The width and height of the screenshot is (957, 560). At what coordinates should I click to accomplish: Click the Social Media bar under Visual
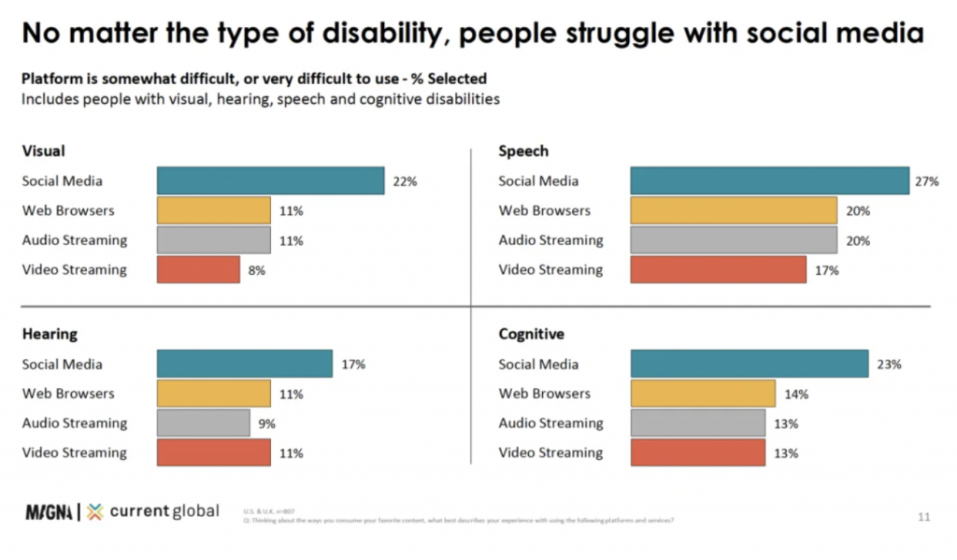point(270,180)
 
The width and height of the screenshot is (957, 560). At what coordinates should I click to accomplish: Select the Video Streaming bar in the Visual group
point(198,269)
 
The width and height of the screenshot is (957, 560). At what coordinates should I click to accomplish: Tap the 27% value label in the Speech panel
point(927,181)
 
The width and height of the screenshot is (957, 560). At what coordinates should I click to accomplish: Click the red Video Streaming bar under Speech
point(718,269)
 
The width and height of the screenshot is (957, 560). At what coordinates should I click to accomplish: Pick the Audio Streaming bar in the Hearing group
point(203,423)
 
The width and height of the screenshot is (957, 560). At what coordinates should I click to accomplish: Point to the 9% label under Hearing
point(266,424)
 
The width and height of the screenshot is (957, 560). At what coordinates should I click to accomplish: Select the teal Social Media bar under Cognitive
point(750,365)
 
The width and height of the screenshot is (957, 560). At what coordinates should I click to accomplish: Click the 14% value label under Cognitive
point(796,395)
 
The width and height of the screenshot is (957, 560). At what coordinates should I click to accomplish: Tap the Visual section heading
point(43,151)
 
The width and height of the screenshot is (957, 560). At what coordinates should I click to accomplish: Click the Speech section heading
point(523,151)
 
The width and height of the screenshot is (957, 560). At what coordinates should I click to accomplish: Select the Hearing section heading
point(50,334)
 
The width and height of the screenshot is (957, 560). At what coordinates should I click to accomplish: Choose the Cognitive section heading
point(531,334)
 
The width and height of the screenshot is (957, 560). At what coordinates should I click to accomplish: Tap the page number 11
point(924,515)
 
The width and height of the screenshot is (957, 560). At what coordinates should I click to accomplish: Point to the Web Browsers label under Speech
point(544,210)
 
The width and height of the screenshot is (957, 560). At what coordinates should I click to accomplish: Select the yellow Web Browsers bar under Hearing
point(213,394)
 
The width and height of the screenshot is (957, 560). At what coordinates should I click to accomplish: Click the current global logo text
point(164,510)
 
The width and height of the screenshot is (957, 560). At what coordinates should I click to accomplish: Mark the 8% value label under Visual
point(257,270)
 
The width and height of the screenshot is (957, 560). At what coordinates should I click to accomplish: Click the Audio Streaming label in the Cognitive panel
point(550,423)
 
